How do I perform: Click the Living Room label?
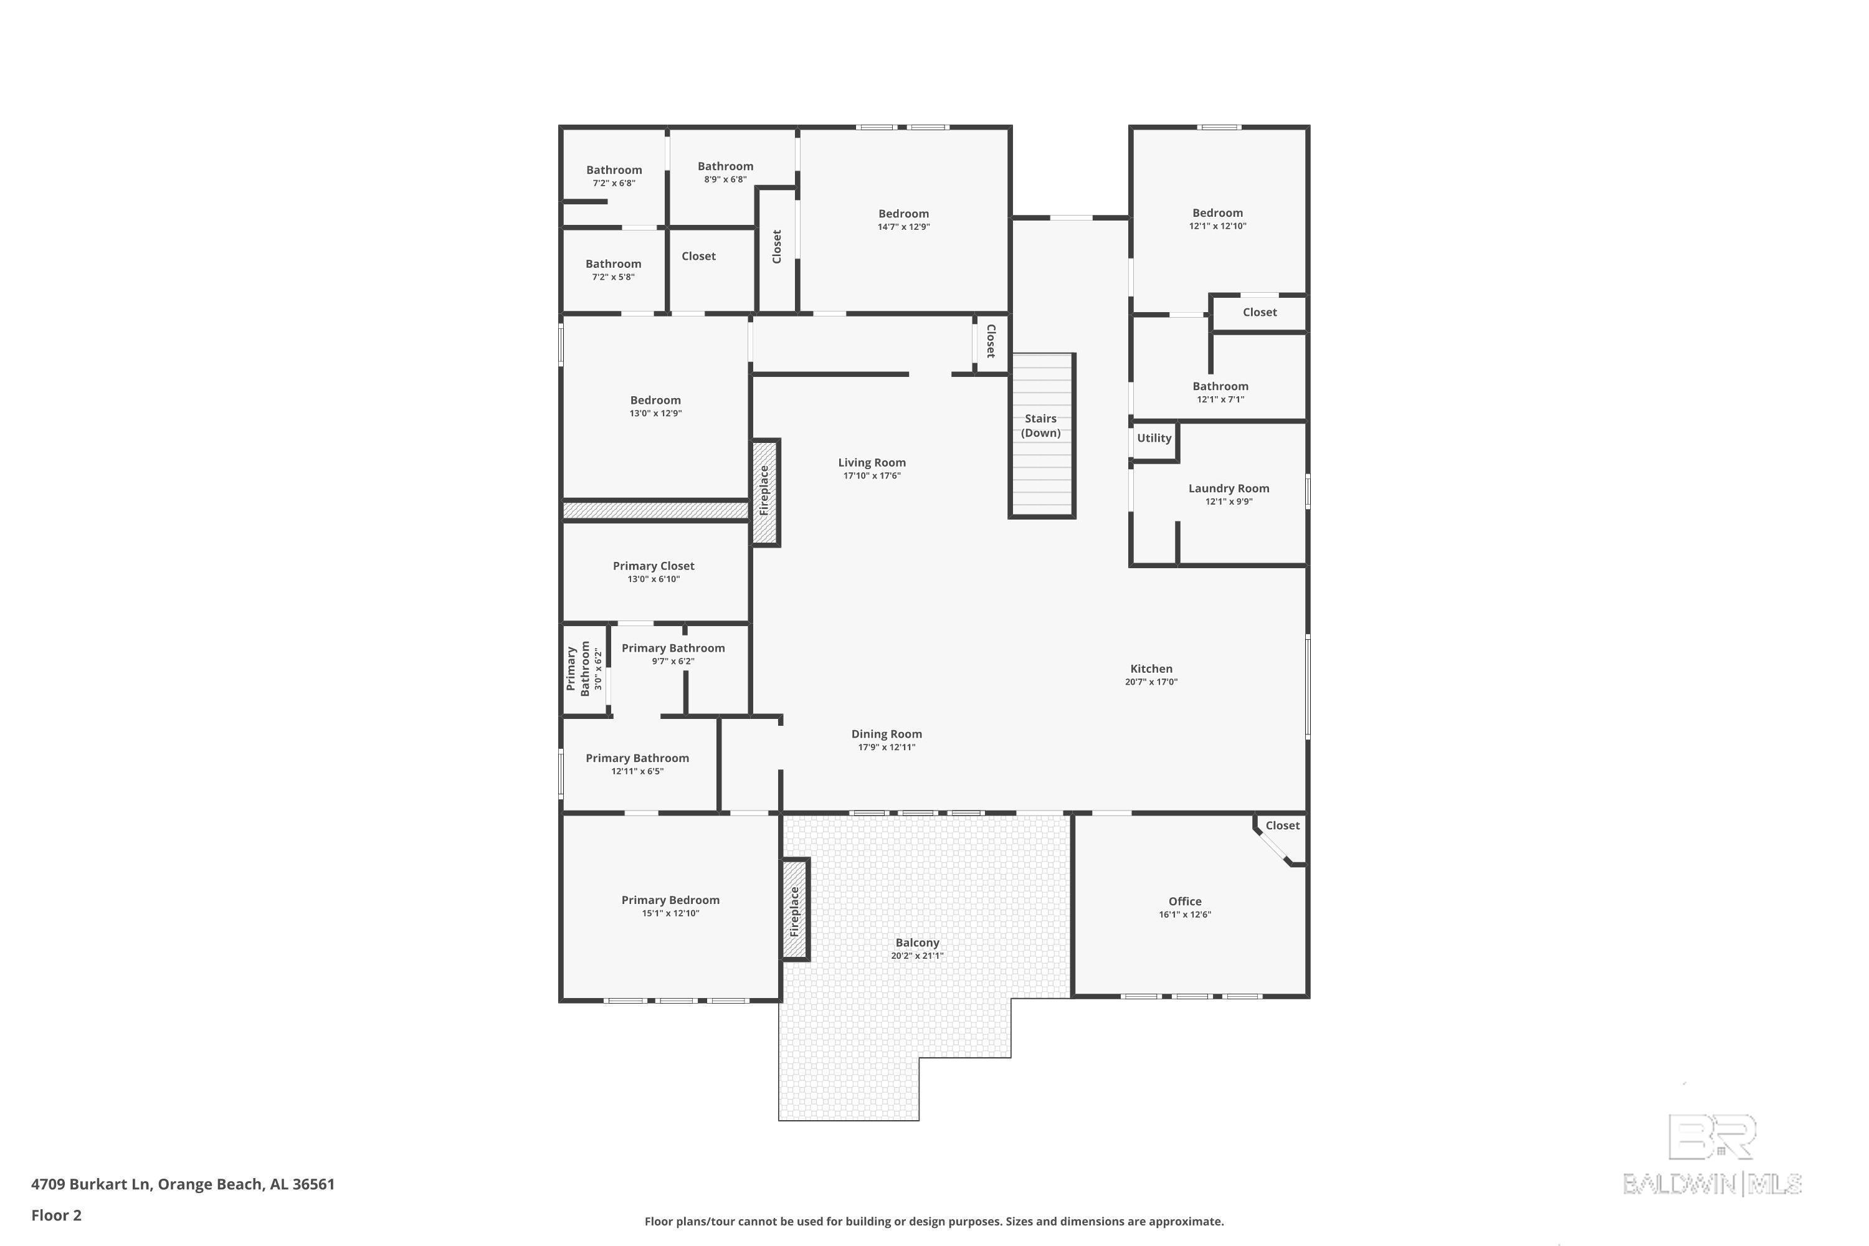pos(872,462)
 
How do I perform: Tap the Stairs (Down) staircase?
pos(1041,435)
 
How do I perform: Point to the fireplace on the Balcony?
pos(795,909)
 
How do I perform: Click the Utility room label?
pos(1154,438)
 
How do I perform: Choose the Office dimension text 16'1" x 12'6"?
pos(1184,915)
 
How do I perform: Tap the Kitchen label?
pos(1151,669)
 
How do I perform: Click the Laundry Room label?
pos(1229,488)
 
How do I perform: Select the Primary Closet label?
pos(653,566)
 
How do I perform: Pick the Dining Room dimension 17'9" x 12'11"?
pos(886,748)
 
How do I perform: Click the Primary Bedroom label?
pos(670,900)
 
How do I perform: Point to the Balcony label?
pos(917,943)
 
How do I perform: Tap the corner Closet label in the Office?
pos(1282,825)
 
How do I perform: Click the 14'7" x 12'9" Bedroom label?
pos(903,214)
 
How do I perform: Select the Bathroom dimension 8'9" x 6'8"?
pos(725,179)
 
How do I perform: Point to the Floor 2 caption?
pos(57,1215)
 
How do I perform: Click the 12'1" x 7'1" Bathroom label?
pos(1220,387)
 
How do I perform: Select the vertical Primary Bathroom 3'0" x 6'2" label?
pos(584,669)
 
